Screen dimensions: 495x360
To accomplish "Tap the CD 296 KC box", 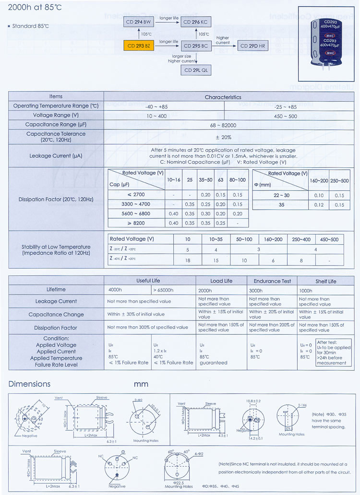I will [x=196, y=23].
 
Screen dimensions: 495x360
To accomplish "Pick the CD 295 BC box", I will [x=196, y=46].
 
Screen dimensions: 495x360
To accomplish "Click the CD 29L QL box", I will [x=196, y=70].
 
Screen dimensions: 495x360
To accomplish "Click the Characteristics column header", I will [x=223, y=97].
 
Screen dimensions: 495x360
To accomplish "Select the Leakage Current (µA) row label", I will [x=57, y=156].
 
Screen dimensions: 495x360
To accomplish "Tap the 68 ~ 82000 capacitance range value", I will [x=223, y=125].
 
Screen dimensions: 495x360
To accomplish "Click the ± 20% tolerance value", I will [x=223, y=137].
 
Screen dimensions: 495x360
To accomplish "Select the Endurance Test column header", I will [x=273, y=281].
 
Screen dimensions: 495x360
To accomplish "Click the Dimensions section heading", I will [x=29, y=384].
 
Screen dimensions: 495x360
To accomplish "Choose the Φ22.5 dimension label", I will [x=179, y=482].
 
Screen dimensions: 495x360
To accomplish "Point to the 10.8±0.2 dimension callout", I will [x=253, y=401].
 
